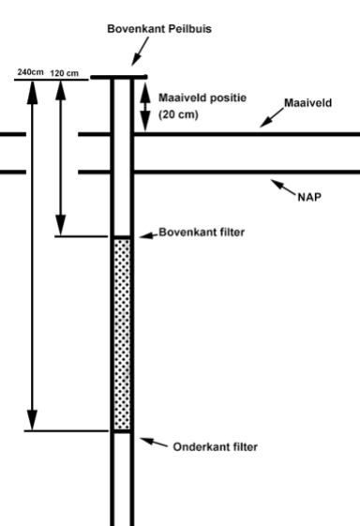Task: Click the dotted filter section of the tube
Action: pyautogui.click(x=122, y=333)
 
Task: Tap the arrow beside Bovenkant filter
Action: pyautogui.click(x=146, y=231)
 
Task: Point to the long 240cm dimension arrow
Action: pyautogui.click(x=33, y=253)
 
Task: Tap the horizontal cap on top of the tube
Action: pyautogui.click(x=118, y=78)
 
